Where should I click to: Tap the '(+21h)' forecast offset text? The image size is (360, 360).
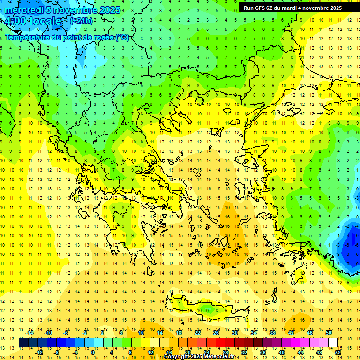(81, 21)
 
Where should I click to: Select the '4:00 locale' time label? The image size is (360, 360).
(33, 21)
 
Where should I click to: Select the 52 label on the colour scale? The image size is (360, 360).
(338, 352)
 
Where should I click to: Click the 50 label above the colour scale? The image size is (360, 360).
(329, 333)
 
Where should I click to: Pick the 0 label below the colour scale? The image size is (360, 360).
(92, 352)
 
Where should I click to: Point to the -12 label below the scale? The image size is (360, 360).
(39, 352)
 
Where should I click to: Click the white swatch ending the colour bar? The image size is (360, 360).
(333, 343)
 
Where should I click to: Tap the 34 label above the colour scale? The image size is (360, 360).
(254, 333)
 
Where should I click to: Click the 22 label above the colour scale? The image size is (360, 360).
(197, 333)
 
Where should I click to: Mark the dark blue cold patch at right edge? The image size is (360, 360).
(349, 246)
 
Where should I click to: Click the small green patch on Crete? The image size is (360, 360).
(205, 309)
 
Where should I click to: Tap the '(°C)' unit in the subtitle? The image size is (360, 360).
(122, 37)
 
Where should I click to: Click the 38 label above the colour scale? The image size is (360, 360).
(272, 333)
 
